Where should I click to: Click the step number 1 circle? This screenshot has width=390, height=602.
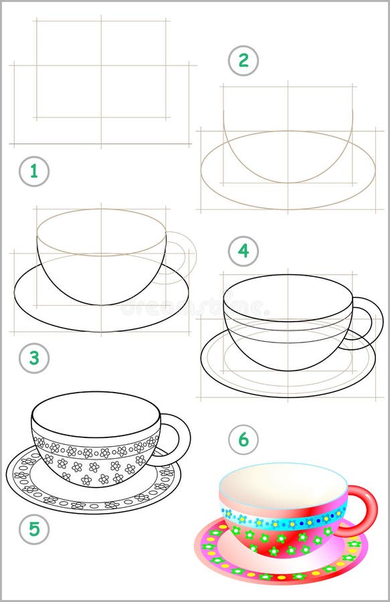click(x=33, y=171)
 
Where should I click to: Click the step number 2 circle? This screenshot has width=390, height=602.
click(x=243, y=61)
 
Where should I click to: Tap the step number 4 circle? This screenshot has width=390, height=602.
click(x=243, y=252)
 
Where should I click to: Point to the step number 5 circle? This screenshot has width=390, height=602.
click(x=33, y=530)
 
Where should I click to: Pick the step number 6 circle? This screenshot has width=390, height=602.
click(x=243, y=439)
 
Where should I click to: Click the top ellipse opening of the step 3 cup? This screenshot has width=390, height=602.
click(x=101, y=231)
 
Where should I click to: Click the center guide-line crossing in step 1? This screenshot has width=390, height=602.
click(x=101, y=65)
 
